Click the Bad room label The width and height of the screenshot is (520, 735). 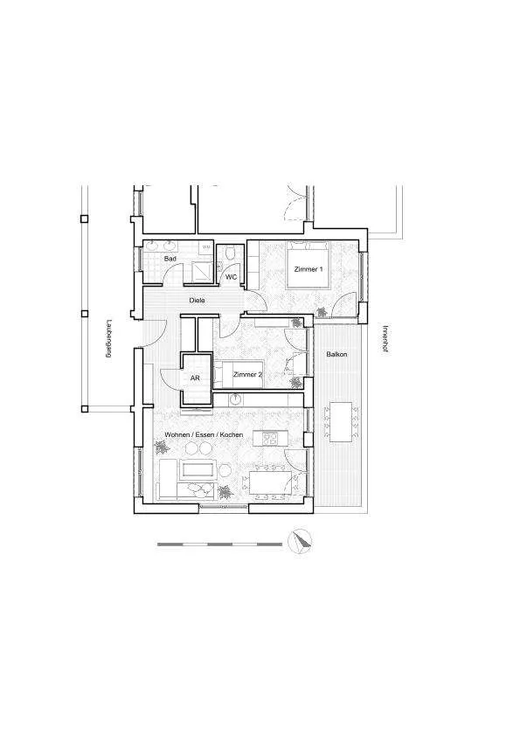coord(170,259)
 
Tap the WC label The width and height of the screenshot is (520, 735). coord(232,277)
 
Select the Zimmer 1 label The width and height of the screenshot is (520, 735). coord(309,269)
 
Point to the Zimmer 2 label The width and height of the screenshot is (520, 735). coord(247,375)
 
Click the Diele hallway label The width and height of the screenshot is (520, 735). coord(197,301)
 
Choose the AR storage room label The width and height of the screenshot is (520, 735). coord(195,378)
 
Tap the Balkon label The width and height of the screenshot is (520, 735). coord(336,354)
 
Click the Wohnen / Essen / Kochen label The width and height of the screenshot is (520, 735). coord(204,435)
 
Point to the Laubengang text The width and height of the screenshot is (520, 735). coord(108,339)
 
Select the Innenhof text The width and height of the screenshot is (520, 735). coord(385,339)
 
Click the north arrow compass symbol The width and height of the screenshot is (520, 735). coord(300,542)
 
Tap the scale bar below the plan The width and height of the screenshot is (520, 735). coord(220,544)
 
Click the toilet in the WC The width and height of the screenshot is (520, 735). coord(230,254)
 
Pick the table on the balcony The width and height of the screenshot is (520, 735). coord(341,422)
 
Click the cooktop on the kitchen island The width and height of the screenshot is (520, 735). coord(269,439)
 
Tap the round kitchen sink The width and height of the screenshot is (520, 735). coord(235,399)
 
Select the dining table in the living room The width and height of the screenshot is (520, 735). coord(271,482)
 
